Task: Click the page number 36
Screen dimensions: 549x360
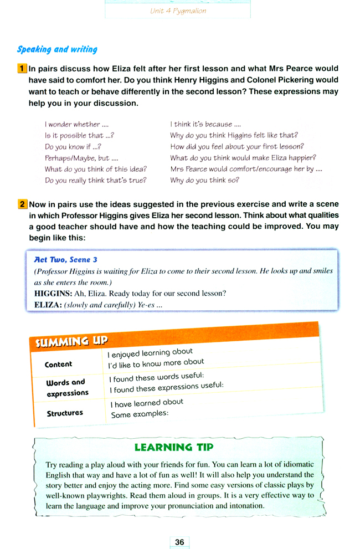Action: tap(179, 542)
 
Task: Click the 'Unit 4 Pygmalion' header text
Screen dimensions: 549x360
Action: tap(178, 11)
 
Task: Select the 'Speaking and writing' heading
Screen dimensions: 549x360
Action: tap(57, 49)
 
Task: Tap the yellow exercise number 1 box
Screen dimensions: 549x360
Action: tap(22, 69)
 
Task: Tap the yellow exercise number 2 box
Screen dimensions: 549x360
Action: tap(22, 204)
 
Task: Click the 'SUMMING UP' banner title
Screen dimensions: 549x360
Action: tap(71, 341)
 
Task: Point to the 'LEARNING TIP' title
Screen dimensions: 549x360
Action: tap(173, 447)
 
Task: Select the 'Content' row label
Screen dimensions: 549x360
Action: tap(58, 365)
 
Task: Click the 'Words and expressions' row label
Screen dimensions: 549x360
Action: tap(66, 388)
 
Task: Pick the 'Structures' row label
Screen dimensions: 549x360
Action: tap(65, 413)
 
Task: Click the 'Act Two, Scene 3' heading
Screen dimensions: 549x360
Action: tap(66, 259)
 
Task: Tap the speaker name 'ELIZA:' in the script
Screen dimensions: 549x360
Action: tap(47, 305)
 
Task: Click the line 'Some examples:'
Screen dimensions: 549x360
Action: tap(139, 414)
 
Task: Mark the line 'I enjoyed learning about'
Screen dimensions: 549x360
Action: tap(150, 352)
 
